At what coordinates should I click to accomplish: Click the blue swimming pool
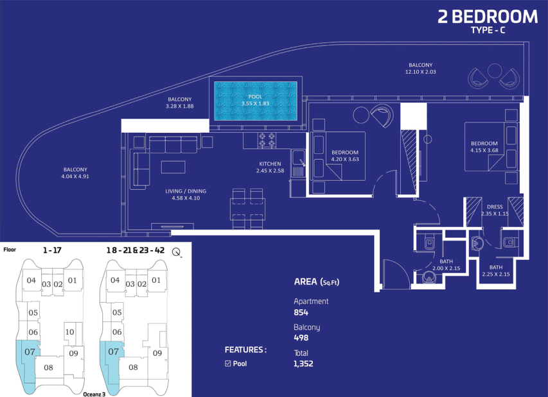tap(256, 101)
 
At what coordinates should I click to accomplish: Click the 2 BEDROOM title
tap(488, 17)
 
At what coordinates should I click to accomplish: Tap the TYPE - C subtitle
tap(488, 30)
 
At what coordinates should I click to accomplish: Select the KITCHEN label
tap(270, 164)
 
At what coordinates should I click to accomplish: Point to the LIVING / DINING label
tap(186, 191)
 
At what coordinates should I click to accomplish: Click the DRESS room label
tap(495, 207)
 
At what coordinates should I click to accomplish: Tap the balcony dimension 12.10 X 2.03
tap(420, 72)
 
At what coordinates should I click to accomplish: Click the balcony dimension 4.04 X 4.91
tap(75, 176)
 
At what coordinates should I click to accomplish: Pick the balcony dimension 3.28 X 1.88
tap(180, 106)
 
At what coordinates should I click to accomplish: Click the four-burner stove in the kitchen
tap(267, 140)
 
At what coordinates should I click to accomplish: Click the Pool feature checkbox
tap(228, 364)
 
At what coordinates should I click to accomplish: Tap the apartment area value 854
tap(301, 312)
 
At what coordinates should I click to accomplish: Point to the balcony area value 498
tap(301, 338)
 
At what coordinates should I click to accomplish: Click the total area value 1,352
tap(303, 364)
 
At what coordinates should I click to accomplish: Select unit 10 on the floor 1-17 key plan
tap(69, 332)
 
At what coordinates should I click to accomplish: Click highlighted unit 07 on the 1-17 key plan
tap(30, 351)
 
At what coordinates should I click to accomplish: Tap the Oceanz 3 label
tap(94, 394)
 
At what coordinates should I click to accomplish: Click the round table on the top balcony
tap(495, 71)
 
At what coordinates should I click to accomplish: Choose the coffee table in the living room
tap(173, 167)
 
